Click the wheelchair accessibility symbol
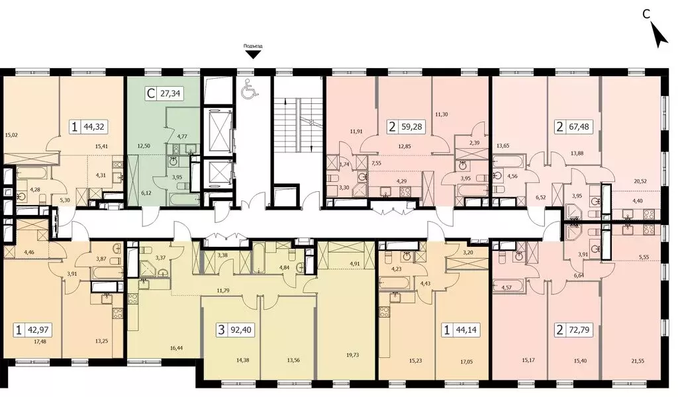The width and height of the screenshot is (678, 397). click(x=250, y=88)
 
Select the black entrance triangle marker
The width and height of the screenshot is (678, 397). click(x=253, y=54)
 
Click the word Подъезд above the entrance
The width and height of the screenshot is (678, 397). click(x=253, y=46)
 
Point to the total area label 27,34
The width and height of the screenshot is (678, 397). click(x=170, y=93)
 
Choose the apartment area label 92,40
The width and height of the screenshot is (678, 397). click(x=241, y=330)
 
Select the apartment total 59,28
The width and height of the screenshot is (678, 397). click(x=411, y=127)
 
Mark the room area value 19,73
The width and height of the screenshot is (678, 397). click(x=352, y=355)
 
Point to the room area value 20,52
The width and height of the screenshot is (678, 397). click(x=640, y=181)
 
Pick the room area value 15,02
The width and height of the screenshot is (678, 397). click(x=11, y=135)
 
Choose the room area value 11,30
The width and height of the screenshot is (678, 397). click(x=441, y=114)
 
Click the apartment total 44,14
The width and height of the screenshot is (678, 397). click(x=466, y=330)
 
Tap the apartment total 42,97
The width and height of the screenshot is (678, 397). click(x=38, y=330)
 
